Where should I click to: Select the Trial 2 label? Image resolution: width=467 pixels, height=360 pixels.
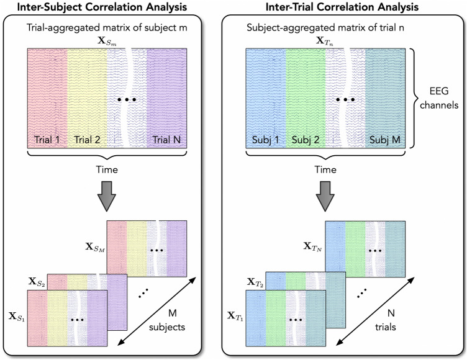[x=87, y=140]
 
